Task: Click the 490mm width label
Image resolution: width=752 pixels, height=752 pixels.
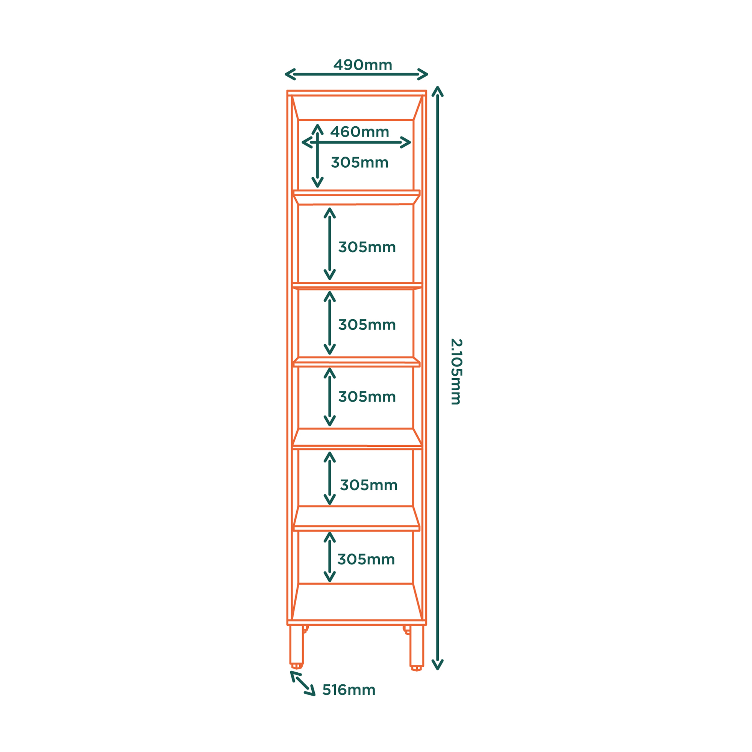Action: [x=362, y=65]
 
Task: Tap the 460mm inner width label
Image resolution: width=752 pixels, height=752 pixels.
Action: [x=359, y=132]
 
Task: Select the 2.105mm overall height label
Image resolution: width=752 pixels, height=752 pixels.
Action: [x=456, y=372]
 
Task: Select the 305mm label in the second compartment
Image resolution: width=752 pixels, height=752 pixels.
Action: [x=367, y=247]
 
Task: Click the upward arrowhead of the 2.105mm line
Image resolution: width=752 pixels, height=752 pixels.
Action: [x=438, y=91]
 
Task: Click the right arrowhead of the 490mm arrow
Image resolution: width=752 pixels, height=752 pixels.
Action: [x=423, y=74]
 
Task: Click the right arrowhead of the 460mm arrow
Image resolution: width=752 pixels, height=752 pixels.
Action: [x=406, y=143]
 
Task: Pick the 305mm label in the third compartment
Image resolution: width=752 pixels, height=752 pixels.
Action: [x=367, y=324]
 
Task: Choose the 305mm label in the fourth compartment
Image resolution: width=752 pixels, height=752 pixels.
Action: [x=367, y=397]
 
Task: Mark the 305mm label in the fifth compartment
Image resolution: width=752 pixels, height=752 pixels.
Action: [x=368, y=485]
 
